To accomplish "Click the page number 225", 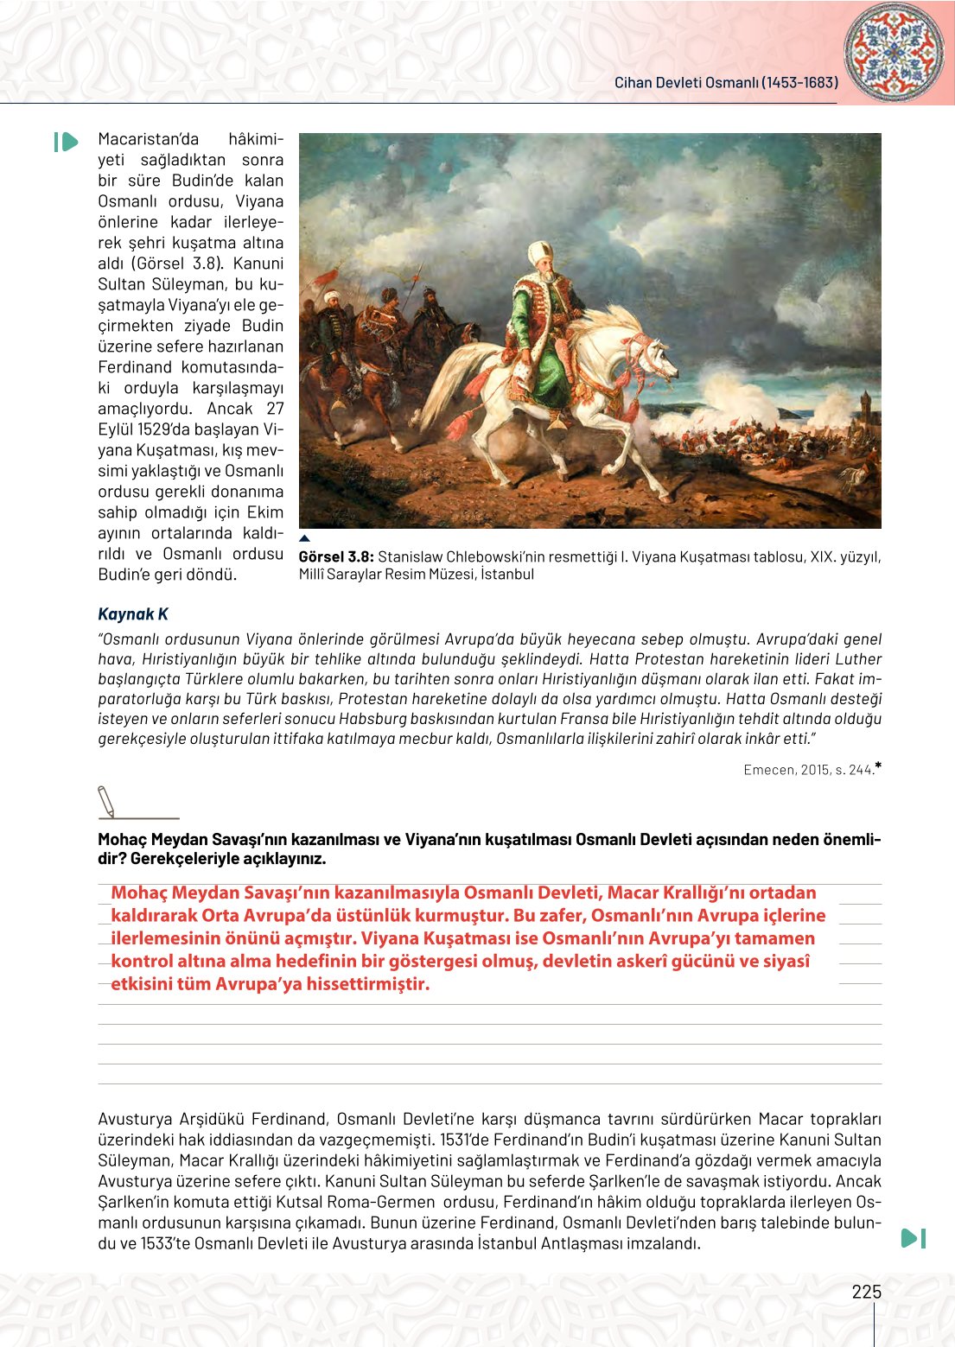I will (x=866, y=1292).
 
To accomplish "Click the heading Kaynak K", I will (x=133, y=614).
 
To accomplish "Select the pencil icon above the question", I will (x=106, y=801).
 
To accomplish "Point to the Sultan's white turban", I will (x=541, y=252).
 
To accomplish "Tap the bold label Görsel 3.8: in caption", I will (x=336, y=556).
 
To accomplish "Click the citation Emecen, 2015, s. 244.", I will (x=808, y=770).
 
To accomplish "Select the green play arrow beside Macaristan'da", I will (x=66, y=142).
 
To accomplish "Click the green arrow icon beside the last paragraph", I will (x=914, y=1238).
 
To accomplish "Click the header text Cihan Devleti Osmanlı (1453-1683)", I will (x=726, y=83).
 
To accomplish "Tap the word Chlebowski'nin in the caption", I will (x=493, y=556).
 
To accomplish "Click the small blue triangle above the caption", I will (x=304, y=538).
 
